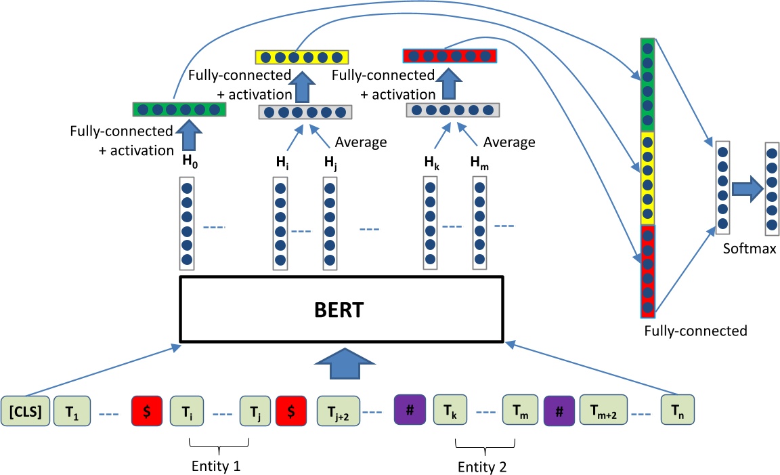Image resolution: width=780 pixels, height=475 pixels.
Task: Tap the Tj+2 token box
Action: (x=335, y=411)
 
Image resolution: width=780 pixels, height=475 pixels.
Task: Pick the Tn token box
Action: (x=678, y=411)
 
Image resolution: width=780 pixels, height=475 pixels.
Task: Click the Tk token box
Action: (x=450, y=411)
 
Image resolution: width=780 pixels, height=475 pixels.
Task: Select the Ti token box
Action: (x=187, y=411)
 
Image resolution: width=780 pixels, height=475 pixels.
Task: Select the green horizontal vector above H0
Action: (x=177, y=108)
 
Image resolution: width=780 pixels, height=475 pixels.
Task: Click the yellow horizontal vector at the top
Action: (x=302, y=56)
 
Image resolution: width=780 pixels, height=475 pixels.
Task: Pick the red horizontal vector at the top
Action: (x=450, y=55)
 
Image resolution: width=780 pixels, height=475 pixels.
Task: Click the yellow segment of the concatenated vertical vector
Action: (x=648, y=178)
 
